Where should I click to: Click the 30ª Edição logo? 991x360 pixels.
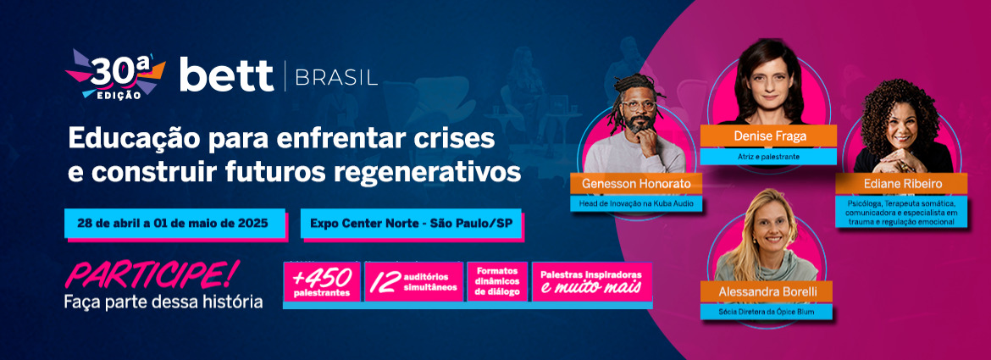coord(115,75)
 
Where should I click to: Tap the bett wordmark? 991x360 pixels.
coord(226,75)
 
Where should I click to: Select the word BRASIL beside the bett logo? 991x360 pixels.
coord(336,76)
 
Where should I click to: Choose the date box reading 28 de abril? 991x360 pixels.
coord(174,223)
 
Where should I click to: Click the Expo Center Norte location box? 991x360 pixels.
coord(411,223)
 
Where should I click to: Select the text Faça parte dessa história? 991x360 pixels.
coord(163,302)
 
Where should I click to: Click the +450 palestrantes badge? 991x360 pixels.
coord(323,282)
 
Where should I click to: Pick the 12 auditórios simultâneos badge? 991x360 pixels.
coord(414,282)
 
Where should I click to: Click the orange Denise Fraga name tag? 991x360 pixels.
coord(768,136)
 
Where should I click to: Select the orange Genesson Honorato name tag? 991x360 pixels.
coord(636,185)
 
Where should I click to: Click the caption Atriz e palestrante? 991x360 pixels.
coord(768,156)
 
